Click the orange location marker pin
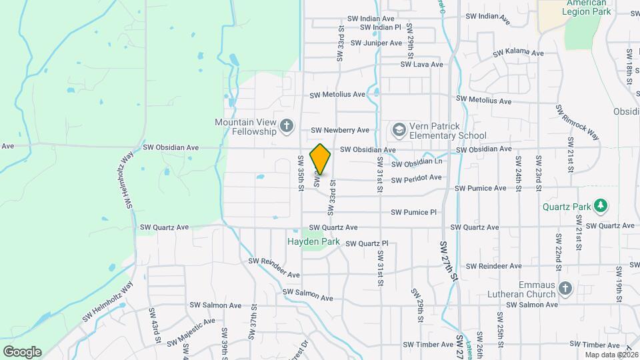(x=321, y=159)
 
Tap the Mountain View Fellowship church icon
(x=286, y=125)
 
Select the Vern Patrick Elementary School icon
(x=399, y=129)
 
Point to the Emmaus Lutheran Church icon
(x=565, y=288)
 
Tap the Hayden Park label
(x=314, y=241)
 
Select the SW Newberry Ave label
(x=340, y=130)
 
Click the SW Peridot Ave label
(x=416, y=178)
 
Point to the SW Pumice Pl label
(x=414, y=213)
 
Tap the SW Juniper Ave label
(x=376, y=43)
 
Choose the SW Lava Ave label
(x=421, y=65)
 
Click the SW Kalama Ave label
(x=519, y=53)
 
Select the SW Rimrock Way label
(x=577, y=122)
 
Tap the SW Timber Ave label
(x=428, y=345)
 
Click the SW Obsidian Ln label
(x=417, y=163)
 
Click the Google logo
(x=22, y=352)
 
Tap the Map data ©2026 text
(x=611, y=354)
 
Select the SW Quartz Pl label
(x=366, y=244)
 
